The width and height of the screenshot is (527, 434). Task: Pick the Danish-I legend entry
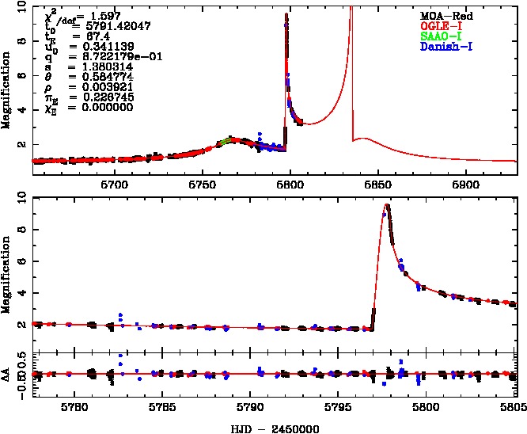tap(448, 46)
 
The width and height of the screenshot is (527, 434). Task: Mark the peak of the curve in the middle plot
tap(387, 204)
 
